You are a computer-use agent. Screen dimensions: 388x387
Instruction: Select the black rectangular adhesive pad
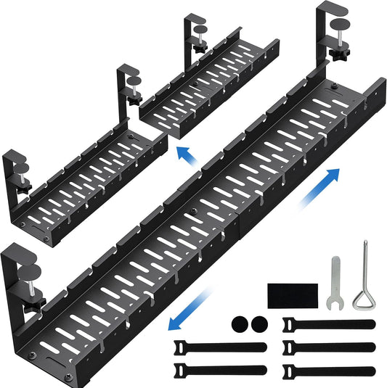(292, 297)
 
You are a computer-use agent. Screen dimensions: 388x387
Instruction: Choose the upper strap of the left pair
(206, 344)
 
